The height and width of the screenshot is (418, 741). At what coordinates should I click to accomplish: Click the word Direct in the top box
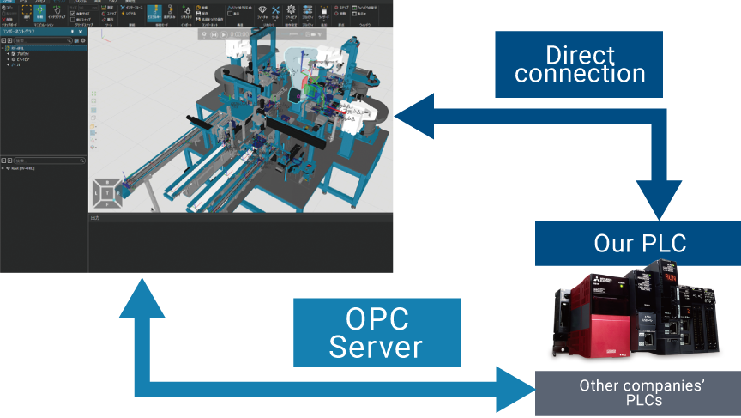pos(580,55)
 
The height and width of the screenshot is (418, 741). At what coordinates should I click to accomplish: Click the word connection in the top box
pos(580,75)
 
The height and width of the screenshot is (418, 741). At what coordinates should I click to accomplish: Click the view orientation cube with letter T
pos(106,194)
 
